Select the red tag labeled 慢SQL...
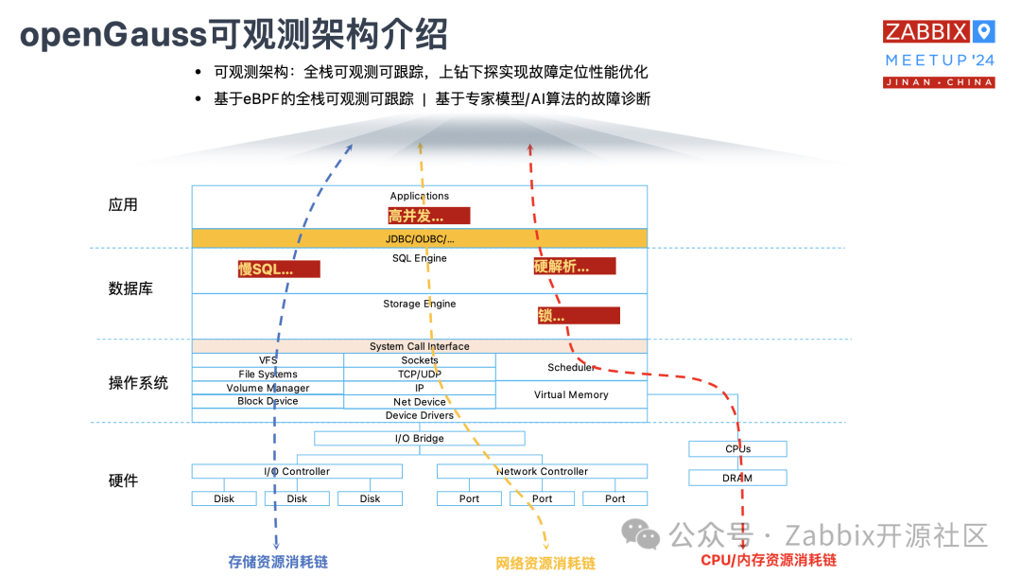pyautogui.click(x=279, y=270)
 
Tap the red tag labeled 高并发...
pyautogui.click(x=428, y=216)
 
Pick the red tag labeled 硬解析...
pyautogui.click(x=574, y=267)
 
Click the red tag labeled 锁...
pyautogui.click(x=579, y=316)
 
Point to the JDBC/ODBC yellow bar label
pyautogui.click(x=420, y=238)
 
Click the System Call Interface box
pyautogui.click(x=420, y=346)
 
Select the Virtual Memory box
pyautogui.click(x=571, y=394)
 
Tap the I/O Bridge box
pyautogui.click(x=420, y=438)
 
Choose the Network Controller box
pyautogui.click(x=543, y=471)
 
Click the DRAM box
pyautogui.click(x=737, y=478)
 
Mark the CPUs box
pyautogui.click(x=737, y=449)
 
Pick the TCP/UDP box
pyautogui.click(x=420, y=375)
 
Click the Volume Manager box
pyautogui.click(x=268, y=388)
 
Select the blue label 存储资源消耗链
pyautogui.click(x=278, y=562)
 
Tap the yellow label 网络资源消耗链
pyautogui.click(x=545, y=564)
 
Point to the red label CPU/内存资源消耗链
pyautogui.click(x=769, y=561)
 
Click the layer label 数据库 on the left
pyautogui.click(x=130, y=288)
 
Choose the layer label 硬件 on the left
pyautogui.click(x=123, y=480)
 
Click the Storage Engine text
pyautogui.click(x=420, y=304)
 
